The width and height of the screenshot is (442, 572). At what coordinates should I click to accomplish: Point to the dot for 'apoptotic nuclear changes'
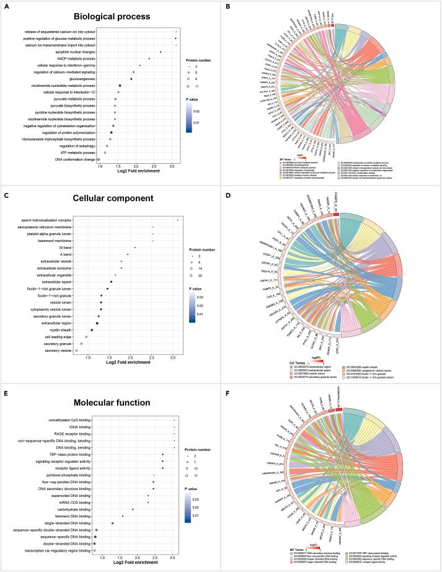(x=161, y=52)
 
